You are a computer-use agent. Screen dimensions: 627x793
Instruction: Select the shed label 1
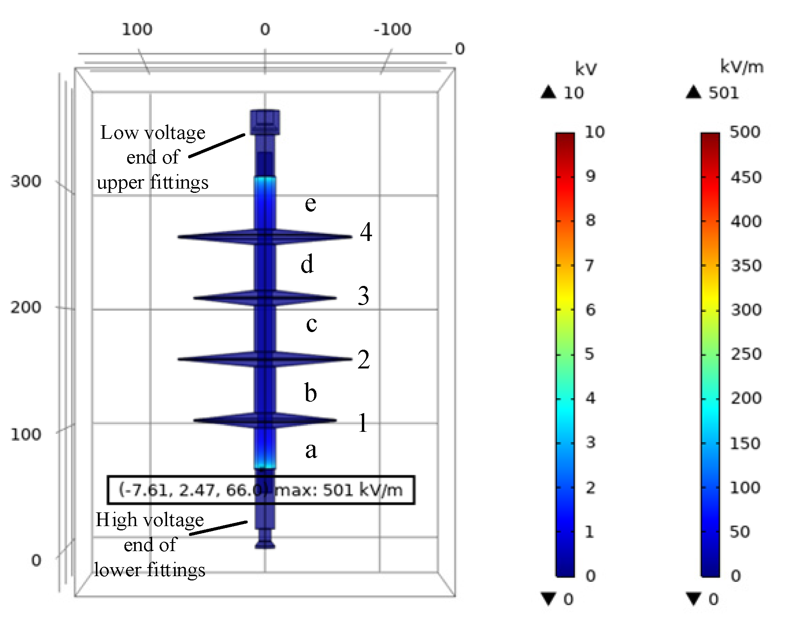pos(363,423)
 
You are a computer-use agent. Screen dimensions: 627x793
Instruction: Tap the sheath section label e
pos(310,203)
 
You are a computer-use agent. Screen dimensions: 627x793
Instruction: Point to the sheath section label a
pos(311,450)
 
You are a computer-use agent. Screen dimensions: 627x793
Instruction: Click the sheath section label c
pos(311,324)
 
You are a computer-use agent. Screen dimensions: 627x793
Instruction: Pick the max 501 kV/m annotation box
pos(261,490)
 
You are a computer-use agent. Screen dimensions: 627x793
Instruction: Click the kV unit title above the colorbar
pos(586,69)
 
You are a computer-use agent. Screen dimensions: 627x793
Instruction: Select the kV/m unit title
pos(742,67)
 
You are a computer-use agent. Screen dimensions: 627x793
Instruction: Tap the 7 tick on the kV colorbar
pos(590,266)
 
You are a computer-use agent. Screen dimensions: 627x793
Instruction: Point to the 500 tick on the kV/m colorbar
pos(745,132)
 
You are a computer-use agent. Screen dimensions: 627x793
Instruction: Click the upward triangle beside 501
pos(694,92)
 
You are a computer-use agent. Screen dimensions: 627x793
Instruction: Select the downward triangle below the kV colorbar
pos(548,598)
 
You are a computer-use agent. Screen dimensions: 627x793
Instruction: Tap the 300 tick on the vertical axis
pos(26,181)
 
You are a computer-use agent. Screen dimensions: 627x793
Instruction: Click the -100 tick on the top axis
pos(392,29)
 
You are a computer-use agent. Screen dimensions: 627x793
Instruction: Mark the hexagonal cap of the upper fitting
pos(265,122)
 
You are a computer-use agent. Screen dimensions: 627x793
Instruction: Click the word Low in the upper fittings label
pos(119,133)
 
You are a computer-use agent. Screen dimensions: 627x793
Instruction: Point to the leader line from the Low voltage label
pos(217,146)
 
